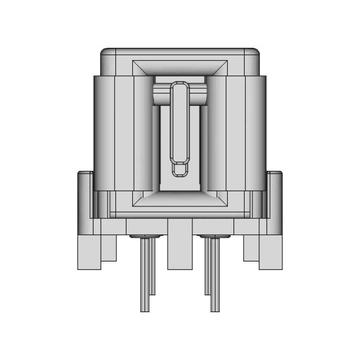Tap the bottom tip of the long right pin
click(x=214, y=309)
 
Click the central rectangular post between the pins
click(x=180, y=247)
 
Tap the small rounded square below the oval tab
click(x=180, y=169)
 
